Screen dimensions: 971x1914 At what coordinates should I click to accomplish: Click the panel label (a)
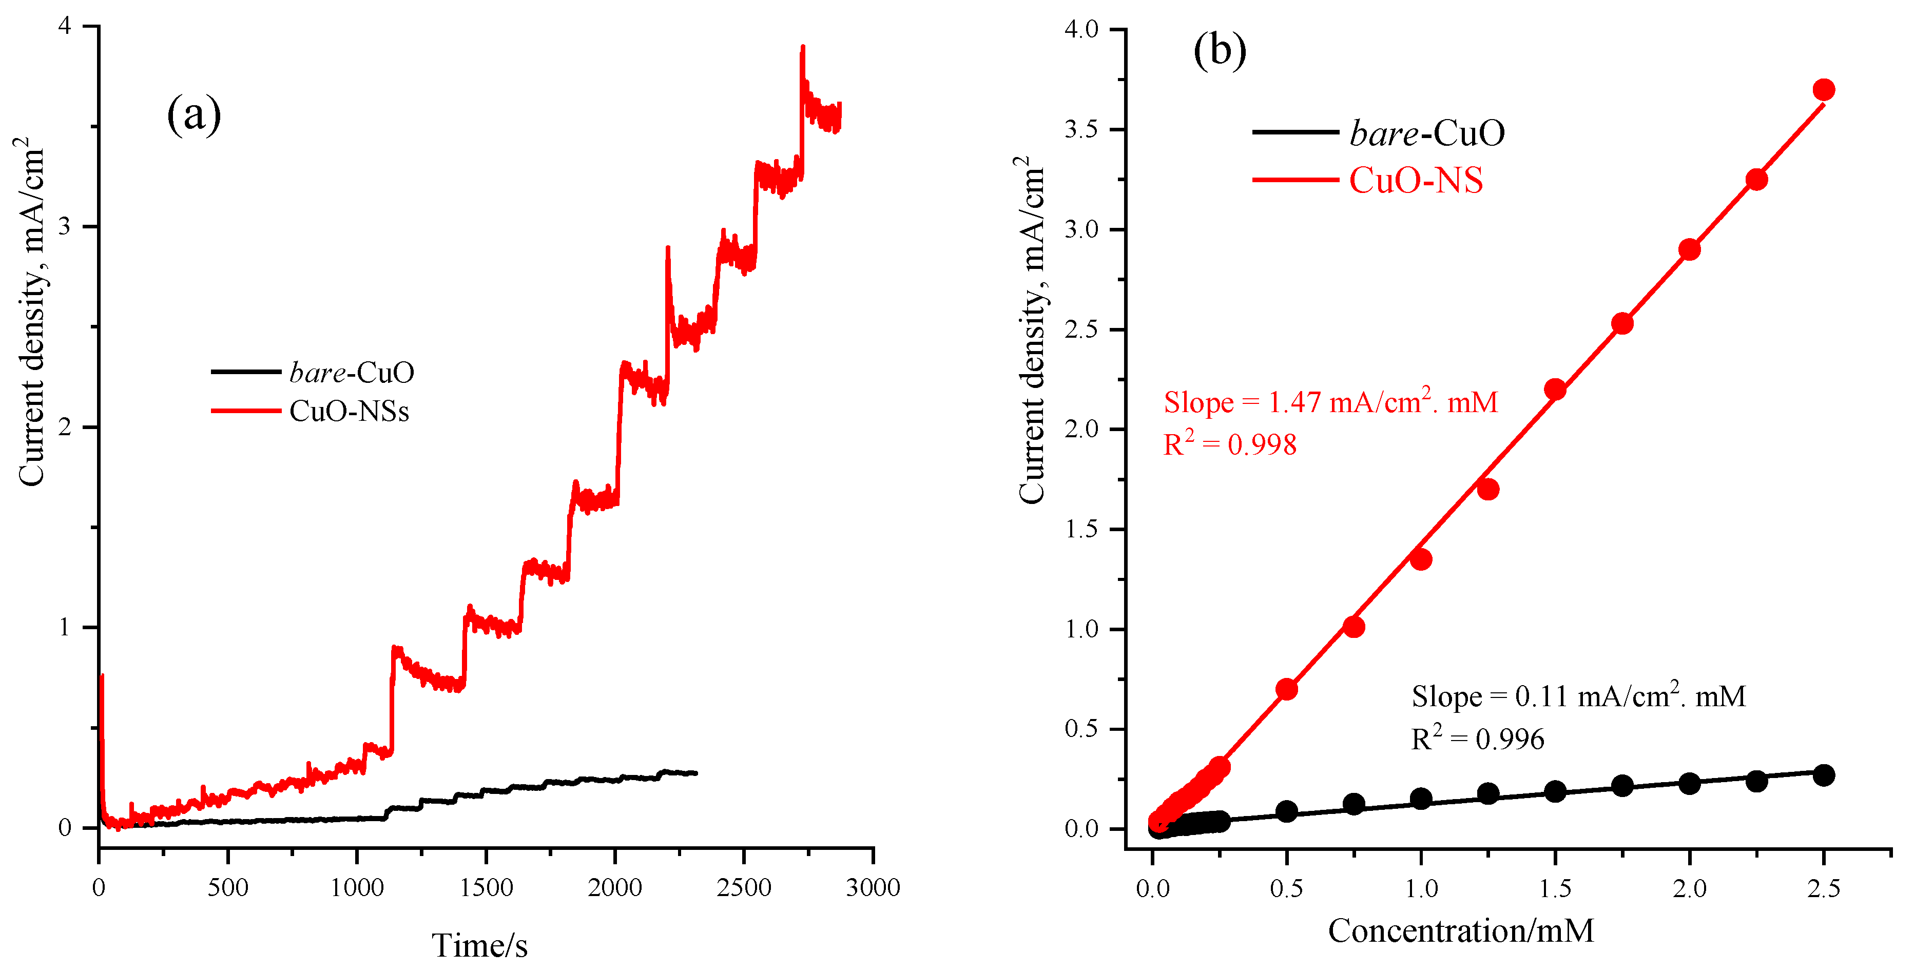pos(194,115)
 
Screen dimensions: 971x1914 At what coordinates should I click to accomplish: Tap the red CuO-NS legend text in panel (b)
pos(1416,181)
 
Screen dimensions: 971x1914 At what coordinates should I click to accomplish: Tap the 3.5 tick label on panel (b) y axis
pos(1081,129)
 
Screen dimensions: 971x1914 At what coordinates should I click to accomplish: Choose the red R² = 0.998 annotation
pos(1230,444)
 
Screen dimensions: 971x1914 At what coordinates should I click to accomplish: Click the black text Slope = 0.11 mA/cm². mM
pos(1578,696)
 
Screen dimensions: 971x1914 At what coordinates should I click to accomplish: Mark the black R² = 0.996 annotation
pos(1477,739)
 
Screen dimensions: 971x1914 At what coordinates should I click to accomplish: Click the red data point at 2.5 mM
pos(1823,90)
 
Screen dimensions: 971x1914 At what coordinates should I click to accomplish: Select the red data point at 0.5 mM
pos(1286,689)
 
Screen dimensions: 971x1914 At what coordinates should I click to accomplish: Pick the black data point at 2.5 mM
pos(1823,775)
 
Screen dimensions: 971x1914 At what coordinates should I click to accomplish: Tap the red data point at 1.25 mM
pos(1487,489)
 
